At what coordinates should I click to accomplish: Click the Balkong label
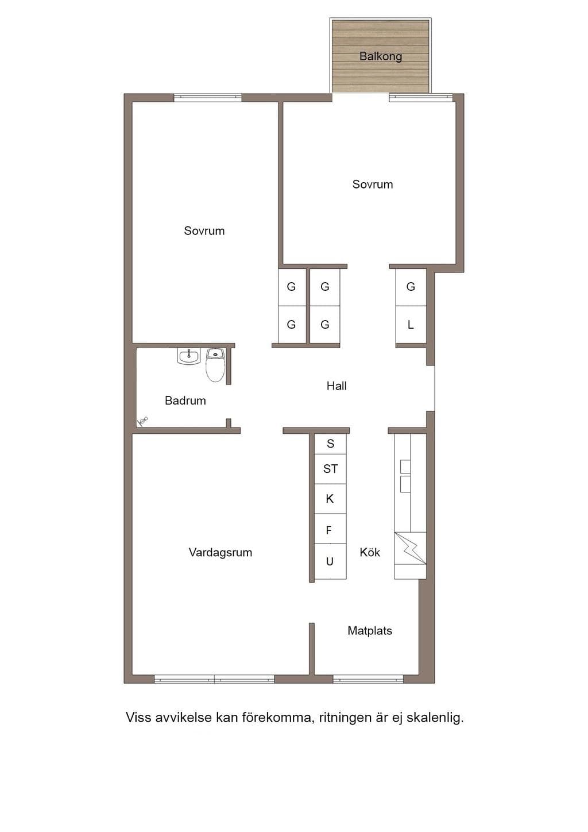point(381,56)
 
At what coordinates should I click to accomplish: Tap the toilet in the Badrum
point(215,365)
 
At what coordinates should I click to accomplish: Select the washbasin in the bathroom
point(188,357)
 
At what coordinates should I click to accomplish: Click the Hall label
point(336,386)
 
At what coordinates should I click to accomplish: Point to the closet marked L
point(411,325)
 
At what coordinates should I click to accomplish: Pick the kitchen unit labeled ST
point(330,469)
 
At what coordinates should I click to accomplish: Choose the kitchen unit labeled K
point(330,499)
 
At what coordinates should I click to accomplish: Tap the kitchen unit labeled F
point(330,529)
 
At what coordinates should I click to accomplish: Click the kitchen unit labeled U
point(330,561)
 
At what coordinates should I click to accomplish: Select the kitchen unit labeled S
point(330,444)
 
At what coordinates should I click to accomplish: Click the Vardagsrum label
point(220,553)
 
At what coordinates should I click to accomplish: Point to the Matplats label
point(370,631)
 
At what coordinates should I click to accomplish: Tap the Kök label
point(370,552)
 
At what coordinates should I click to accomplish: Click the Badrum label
point(185,400)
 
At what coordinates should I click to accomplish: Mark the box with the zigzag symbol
point(410,548)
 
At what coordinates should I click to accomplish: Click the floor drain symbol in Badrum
point(142,421)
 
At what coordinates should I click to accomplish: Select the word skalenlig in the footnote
point(435,717)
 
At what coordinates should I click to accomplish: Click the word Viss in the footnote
point(138,717)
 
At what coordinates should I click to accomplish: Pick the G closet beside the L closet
point(411,287)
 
